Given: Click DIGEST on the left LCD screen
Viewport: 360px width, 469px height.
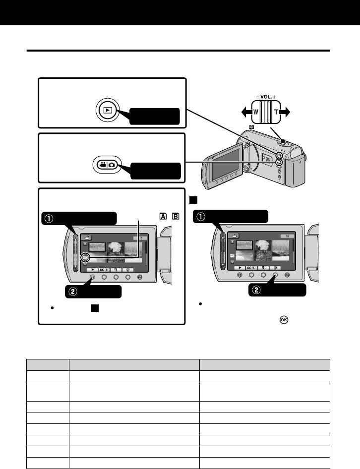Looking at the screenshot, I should click(x=105, y=269).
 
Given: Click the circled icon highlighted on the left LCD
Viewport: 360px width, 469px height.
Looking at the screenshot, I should click(x=86, y=258).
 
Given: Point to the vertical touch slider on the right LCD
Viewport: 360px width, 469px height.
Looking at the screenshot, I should click(x=224, y=252).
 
